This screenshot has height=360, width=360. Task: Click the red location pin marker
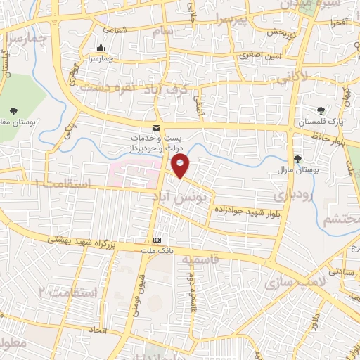(181, 166)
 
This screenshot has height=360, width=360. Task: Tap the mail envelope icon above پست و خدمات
(155, 127)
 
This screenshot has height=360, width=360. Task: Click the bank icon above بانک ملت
(156, 240)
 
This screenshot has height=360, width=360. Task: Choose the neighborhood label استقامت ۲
(68, 289)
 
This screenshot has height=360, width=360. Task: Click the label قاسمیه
(200, 260)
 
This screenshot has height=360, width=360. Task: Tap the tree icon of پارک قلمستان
(321, 110)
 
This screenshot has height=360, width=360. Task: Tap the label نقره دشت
(106, 88)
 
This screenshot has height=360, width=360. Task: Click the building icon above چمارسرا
(101, 48)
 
